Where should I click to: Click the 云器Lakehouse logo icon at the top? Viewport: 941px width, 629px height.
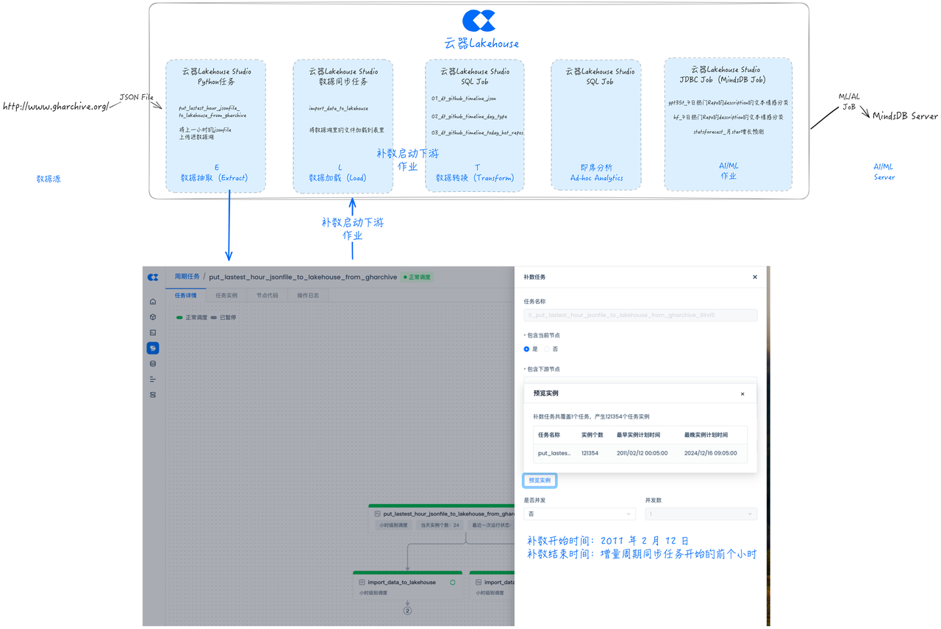479,21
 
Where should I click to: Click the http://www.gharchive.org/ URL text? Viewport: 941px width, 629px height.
56,107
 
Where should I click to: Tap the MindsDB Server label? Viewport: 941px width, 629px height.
904,116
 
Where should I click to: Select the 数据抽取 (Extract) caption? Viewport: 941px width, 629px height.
215,178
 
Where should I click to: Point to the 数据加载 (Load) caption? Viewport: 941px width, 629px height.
337,178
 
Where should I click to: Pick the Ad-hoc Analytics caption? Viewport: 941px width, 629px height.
596,178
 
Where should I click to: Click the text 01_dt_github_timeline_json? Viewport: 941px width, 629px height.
464,99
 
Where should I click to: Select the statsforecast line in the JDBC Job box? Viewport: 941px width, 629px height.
728,132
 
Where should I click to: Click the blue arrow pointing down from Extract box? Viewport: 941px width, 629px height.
229,224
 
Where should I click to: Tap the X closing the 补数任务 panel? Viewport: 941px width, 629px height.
755,277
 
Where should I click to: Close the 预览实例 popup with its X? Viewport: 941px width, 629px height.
743,394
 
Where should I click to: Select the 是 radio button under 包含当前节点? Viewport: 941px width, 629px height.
526,349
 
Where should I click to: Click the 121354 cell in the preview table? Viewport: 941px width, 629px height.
590,453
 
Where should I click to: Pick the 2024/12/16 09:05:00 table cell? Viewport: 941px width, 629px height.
710,453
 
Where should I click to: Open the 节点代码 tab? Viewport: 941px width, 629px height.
267,296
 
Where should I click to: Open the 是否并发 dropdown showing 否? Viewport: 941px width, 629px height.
579,513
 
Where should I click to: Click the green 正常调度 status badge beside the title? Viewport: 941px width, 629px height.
418,277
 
